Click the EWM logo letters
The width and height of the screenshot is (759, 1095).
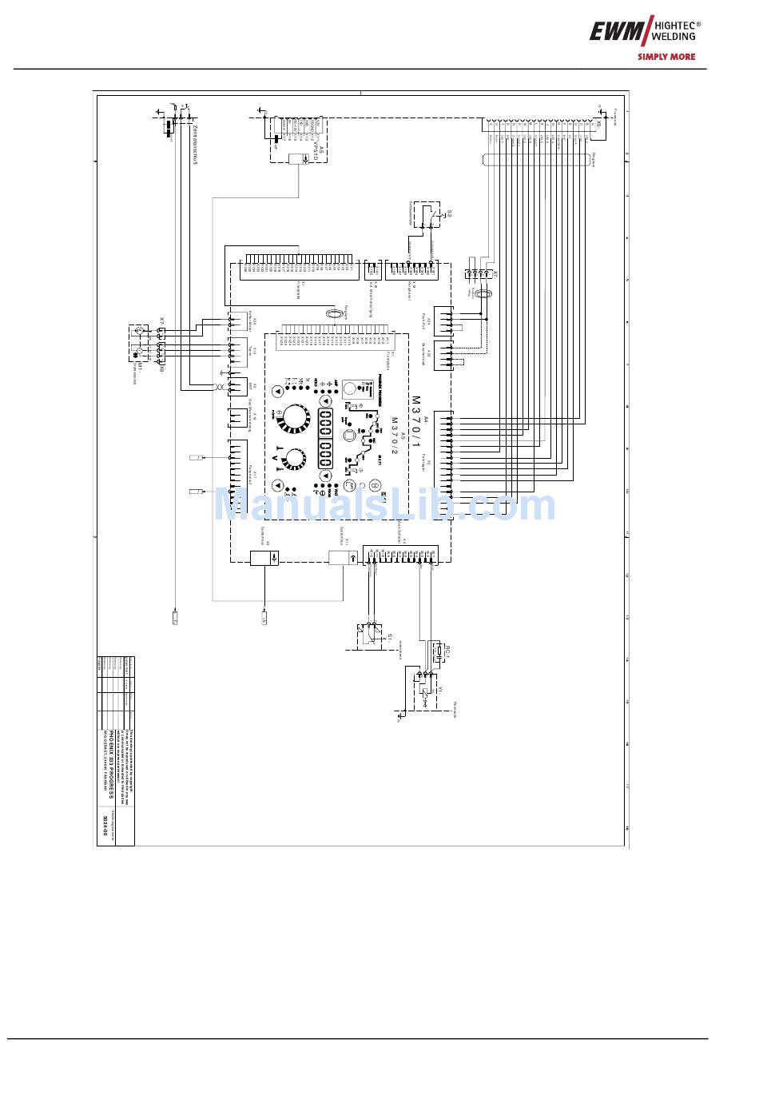tap(616, 32)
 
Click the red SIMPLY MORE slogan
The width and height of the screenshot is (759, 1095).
tap(666, 57)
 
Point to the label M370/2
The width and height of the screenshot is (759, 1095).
tap(393, 436)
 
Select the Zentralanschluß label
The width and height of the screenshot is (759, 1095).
tap(194, 145)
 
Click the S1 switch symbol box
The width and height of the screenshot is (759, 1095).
tap(368, 632)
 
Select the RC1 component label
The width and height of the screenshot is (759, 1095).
tap(448, 652)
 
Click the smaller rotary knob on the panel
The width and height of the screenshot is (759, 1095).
tap(293, 459)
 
